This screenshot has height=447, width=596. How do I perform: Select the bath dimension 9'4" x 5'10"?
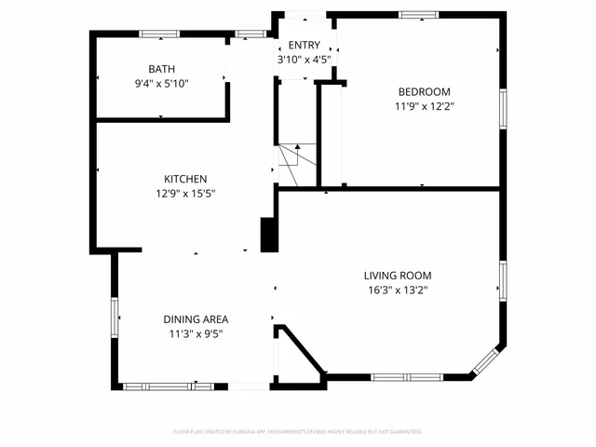tap(162, 83)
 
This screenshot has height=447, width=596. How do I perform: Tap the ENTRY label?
tap(304, 46)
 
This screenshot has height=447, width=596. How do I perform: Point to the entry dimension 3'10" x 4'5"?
tap(304, 60)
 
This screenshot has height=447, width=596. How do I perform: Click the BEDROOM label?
tap(424, 91)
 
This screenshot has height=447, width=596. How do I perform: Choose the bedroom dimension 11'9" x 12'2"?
tap(424, 105)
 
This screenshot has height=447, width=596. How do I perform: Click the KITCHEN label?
tap(185, 179)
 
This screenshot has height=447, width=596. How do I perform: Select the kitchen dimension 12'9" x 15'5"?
tap(185, 193)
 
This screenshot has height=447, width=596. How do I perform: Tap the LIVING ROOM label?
tap(397, 276)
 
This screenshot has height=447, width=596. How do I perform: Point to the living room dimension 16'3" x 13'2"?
tap(397, 290)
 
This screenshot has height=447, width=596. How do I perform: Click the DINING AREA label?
tap(196, 319)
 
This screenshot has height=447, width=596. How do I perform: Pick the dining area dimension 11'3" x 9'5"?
tap(196, 333)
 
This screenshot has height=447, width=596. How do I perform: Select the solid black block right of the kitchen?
tap(269, 234)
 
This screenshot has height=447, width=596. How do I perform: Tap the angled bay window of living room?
tap(490, 361)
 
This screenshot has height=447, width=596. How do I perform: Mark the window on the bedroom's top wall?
tap(418, 15)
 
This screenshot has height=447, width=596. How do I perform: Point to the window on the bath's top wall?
tap(159, 34)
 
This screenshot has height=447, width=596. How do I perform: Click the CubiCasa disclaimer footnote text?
tap(298, 432)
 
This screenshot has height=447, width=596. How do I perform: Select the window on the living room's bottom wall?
tap(406, 377)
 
